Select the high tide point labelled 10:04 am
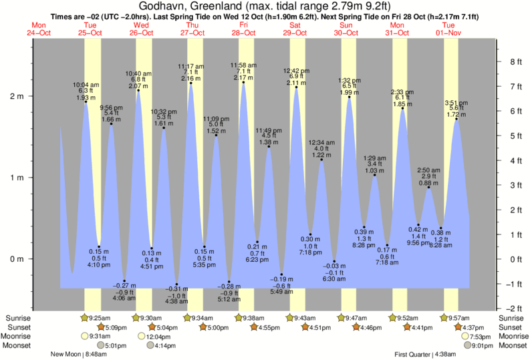click(86, 102)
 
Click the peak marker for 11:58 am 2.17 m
click(243, 82)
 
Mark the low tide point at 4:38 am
click(176, 284)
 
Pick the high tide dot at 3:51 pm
click(456, 119)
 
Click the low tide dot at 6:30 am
click(334, 261)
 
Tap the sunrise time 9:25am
click(99, 318)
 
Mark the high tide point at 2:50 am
click(428, 188)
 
